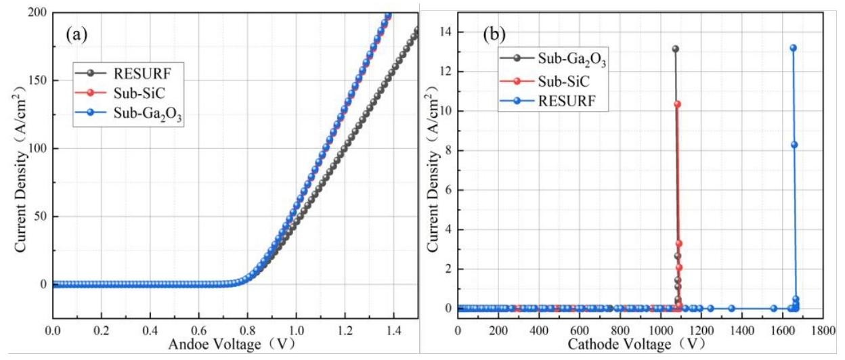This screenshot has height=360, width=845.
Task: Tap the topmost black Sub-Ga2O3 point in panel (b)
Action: [675, 49]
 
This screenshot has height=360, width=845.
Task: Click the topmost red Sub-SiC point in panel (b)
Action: [677, 104]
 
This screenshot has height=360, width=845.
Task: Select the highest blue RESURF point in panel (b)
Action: [793, 48]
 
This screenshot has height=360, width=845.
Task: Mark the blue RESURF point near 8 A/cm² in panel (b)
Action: [794, 144]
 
